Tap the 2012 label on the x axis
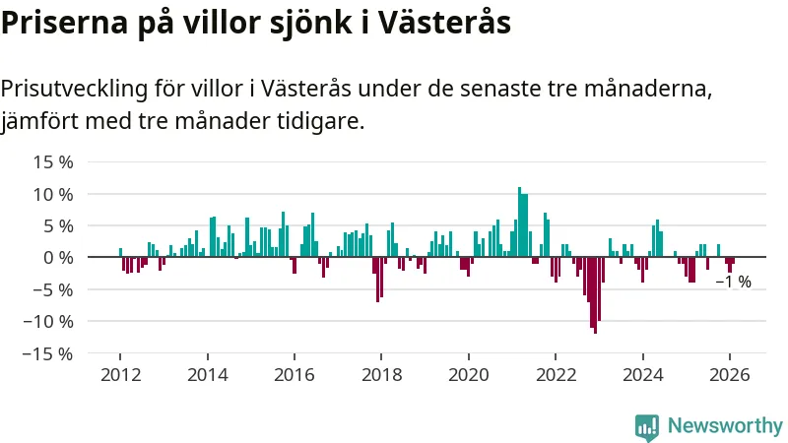tap(120, 375)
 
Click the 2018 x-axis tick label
tap(381, 375)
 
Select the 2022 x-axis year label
tap(556, 375)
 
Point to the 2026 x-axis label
tap(730, 375)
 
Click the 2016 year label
tap(295, 375)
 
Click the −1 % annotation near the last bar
tap(733, 283)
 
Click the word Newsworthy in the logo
tap(725, 426)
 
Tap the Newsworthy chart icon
tap(647, 426)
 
